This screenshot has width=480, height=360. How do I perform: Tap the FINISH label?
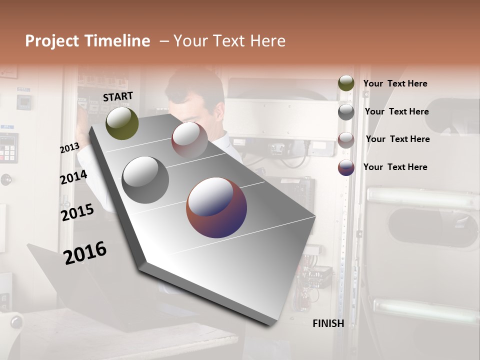point(328,323)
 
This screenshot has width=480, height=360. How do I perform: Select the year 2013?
point(69,148)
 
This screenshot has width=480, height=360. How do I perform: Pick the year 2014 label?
point(73,177)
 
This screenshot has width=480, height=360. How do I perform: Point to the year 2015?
point(77,212)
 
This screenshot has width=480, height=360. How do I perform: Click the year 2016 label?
point(85,252)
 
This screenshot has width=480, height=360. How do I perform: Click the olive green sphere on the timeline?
point(122,123)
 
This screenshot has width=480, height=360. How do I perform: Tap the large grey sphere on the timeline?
point(145,180)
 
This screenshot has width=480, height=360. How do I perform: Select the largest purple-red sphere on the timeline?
point(216,207)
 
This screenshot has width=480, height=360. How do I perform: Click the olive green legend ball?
point(346,83)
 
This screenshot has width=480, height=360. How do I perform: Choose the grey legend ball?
point(346,112)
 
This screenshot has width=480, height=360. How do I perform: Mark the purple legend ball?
point(346,167)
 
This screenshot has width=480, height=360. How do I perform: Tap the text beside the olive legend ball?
point(395,83)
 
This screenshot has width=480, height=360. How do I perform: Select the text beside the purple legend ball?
point(395,167)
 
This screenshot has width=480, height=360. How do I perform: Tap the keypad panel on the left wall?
point(8,147)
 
